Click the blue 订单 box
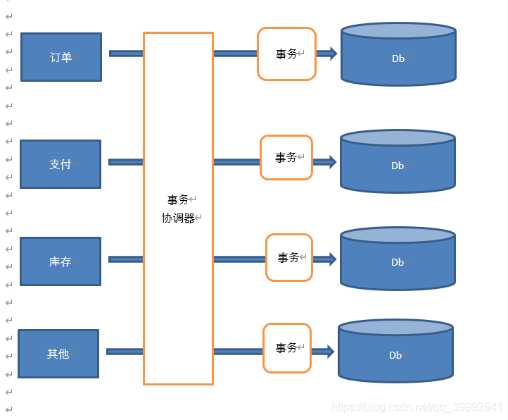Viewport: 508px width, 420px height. (61, 57)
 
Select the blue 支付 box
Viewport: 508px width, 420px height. (61, 164)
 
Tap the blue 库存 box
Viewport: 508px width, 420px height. (61, 261)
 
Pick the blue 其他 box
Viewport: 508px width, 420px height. (58, 354)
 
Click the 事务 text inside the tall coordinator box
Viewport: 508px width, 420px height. (178, 200)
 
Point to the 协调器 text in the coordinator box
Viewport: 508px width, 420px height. (178, 218)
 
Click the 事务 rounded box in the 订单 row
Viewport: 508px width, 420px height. (286, 54)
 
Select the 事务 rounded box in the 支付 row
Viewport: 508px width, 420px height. (286, 158)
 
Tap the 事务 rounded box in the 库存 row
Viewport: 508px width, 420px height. (288, 258)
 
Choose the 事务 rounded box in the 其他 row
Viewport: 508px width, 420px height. (287, 348)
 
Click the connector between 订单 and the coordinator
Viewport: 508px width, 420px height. (126, 54)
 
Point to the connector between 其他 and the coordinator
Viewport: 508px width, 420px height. (125, 352)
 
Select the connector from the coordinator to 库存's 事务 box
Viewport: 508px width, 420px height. (239, 259)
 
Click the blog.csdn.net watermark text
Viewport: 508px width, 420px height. (417, 408)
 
